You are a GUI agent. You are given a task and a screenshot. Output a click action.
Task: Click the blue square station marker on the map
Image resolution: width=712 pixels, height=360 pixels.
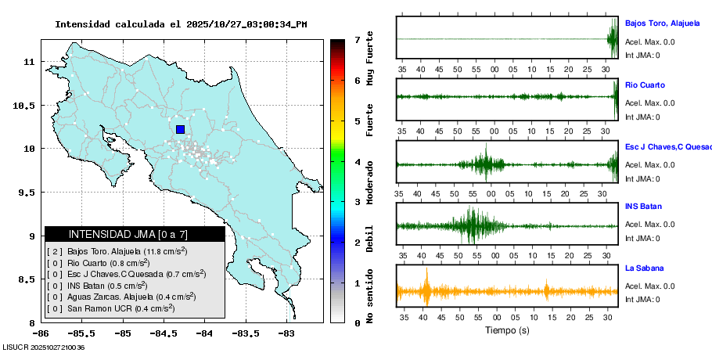(x=180, y=129)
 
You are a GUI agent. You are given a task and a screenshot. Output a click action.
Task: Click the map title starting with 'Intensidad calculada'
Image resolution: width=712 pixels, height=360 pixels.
(x=181, y=24)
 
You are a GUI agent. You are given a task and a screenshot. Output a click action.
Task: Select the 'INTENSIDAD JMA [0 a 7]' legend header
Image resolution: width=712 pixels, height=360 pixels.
(x=128, y=234)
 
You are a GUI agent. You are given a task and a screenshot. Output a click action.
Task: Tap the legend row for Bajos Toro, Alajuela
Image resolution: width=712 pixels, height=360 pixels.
(x=117, y=251)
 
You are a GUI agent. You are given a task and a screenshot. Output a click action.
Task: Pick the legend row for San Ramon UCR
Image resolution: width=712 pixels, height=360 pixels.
(x=110, y=308)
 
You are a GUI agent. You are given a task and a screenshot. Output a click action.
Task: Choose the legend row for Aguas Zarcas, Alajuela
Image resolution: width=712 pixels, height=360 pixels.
(x=120, y=297)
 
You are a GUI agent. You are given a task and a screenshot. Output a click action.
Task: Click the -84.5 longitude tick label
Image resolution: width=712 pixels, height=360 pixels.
(x=163, y=333)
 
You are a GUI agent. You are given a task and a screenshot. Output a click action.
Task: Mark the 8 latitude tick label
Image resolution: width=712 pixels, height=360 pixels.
(x=32, y=323)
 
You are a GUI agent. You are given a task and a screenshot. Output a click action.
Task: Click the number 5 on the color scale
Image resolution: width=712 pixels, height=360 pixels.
(x=358, y=121)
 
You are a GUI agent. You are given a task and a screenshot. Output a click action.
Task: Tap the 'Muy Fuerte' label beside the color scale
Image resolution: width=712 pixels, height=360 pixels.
(x=369, y=58)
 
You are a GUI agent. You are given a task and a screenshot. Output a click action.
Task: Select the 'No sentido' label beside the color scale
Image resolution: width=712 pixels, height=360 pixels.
(x=369, y=296)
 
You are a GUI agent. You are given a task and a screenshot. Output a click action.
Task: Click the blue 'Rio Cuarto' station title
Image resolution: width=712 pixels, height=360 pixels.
(x=645, y=85)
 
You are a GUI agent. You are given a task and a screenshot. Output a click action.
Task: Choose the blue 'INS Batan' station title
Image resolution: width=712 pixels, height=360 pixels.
(x=643, y=206)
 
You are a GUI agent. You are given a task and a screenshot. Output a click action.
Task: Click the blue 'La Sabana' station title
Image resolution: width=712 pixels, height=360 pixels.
(x=645, y=268)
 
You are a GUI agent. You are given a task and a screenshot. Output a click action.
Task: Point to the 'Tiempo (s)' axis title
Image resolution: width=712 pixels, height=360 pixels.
(x=507, y=330)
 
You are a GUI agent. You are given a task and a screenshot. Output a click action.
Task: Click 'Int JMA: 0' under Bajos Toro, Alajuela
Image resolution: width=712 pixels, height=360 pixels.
(x=642, y=56)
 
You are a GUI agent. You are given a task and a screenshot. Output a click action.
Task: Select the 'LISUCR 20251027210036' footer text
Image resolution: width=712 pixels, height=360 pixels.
(x=44, y=347)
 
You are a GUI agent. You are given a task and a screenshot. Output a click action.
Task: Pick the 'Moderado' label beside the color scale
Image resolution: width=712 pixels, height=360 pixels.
(x=369, y=182)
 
